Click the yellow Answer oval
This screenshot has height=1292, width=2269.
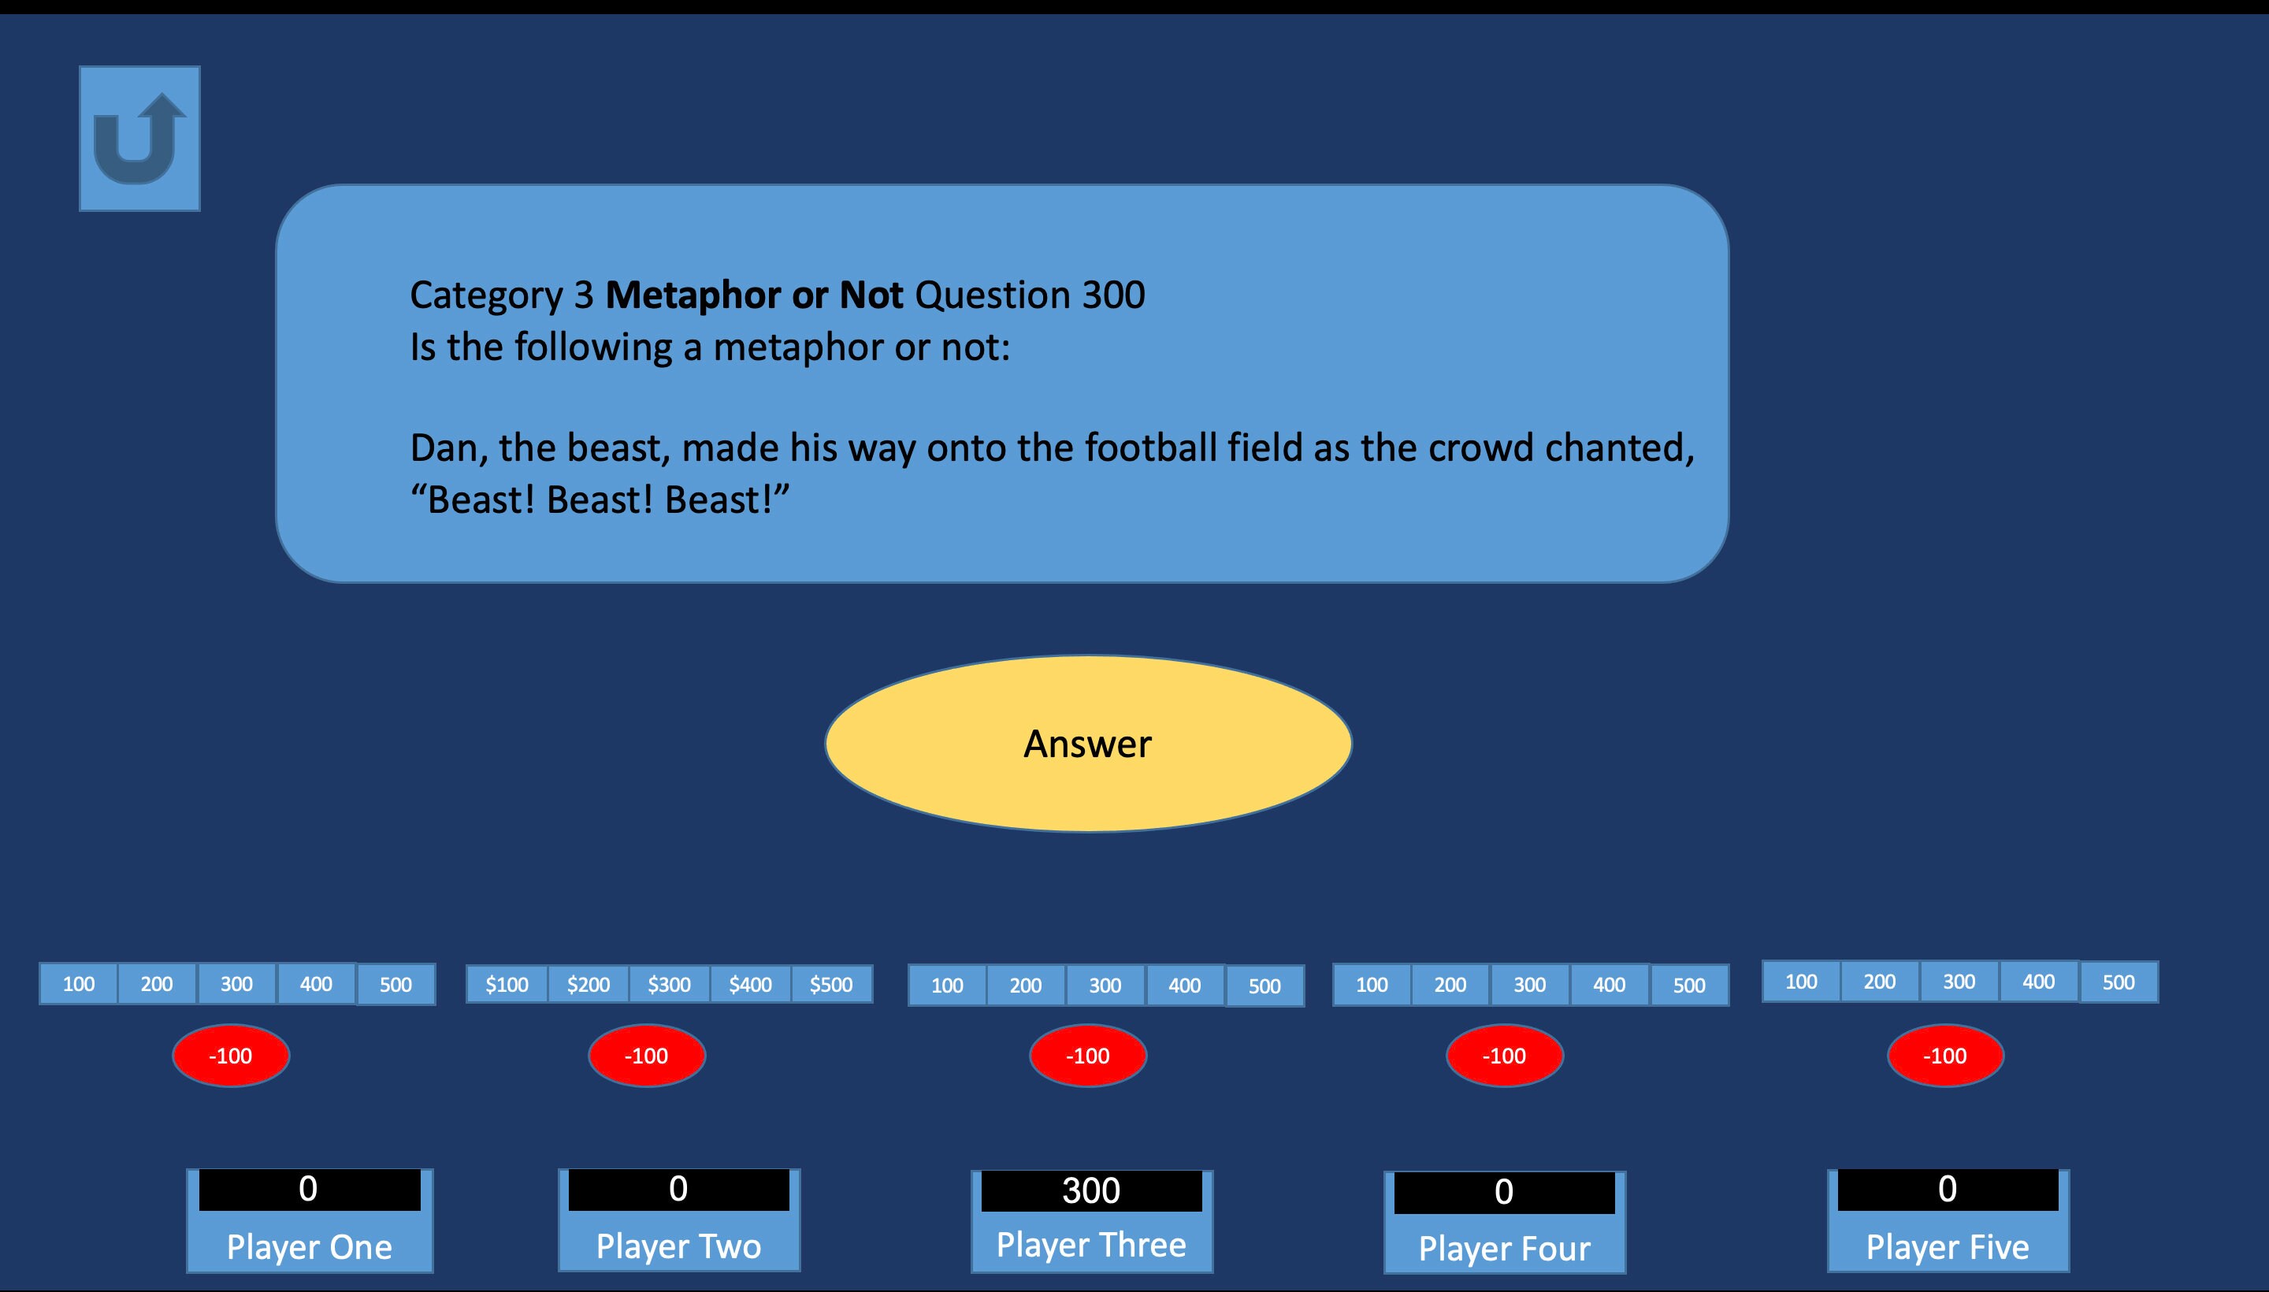coord(1088,744)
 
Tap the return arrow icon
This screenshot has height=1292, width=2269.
coord(139,139)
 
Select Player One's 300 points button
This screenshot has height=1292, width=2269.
coord(237,984)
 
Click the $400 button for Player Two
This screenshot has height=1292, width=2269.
coord(750,985)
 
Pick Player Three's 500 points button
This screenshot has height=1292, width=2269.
coord(1264,986)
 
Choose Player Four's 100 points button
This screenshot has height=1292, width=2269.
coord(1372,985)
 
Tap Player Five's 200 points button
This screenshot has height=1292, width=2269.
coord(1880,982)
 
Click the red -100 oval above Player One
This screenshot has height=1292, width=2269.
coord(231,1056)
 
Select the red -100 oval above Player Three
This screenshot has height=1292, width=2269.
coord(1088,1056)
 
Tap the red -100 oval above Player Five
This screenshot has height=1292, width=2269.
coord(1945,1056)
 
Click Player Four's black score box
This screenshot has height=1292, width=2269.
coord(1504,1193)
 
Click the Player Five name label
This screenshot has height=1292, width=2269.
coord(1948,1248)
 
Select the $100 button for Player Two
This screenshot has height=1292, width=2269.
coord(507,985)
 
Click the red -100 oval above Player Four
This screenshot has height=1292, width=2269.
coord(1504,1056)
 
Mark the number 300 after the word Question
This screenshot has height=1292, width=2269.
coord(1114,295)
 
